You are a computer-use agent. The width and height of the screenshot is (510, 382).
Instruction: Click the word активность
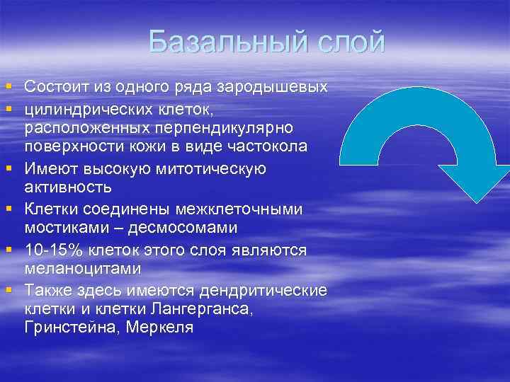pyautogui.click(x=68, y=188)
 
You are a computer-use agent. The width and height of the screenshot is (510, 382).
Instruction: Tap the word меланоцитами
pyautogui.click(x=81, y=270)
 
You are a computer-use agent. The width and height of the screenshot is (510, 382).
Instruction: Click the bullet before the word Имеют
pyautogui.click(x=8, y=169)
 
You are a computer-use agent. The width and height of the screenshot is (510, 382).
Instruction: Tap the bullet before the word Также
pyautogui.click(x=8, y=290)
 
